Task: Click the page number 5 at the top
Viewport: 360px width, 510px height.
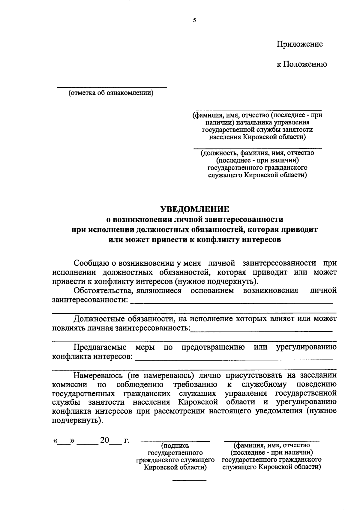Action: pos(194,20)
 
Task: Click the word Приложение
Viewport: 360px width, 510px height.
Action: pos(299,44)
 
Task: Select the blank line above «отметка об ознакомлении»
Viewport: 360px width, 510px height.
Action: pos(112,87)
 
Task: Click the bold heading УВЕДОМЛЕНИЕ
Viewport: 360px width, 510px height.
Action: pos(194,209)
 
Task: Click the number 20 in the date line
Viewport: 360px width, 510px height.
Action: pos(105,440)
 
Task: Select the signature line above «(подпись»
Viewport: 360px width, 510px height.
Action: pos(175,442)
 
